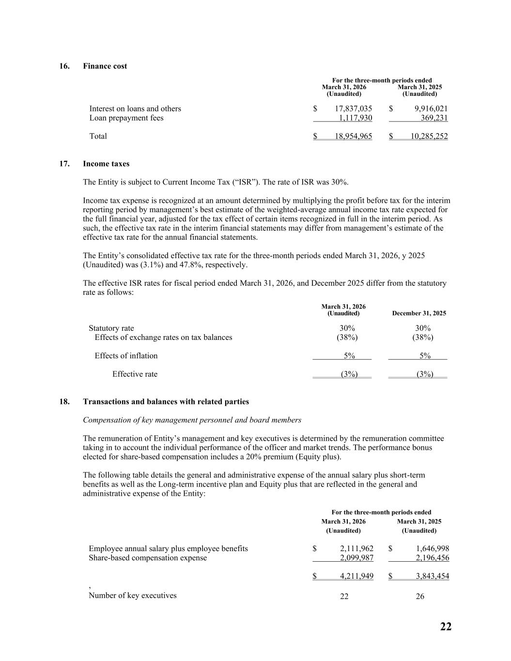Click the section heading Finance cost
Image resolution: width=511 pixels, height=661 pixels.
coord(105,66)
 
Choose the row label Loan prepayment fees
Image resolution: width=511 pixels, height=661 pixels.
coord(126,118)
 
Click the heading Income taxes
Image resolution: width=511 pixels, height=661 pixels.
coord(106,164)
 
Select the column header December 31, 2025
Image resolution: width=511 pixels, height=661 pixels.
coord(418,313)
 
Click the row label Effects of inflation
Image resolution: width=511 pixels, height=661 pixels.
coord(126,355)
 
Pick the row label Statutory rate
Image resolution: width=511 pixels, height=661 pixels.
coord(111,328)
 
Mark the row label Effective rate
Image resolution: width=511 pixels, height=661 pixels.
coord(135,374)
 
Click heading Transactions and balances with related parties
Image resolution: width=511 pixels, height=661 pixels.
coord(166,401)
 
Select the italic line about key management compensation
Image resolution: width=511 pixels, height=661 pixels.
coord(192,420)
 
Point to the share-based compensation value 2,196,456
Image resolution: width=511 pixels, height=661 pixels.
coord(433,557)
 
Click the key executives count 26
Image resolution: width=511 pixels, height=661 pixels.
coord(420,596)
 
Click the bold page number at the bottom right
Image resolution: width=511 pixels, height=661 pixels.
coord(446,627)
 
